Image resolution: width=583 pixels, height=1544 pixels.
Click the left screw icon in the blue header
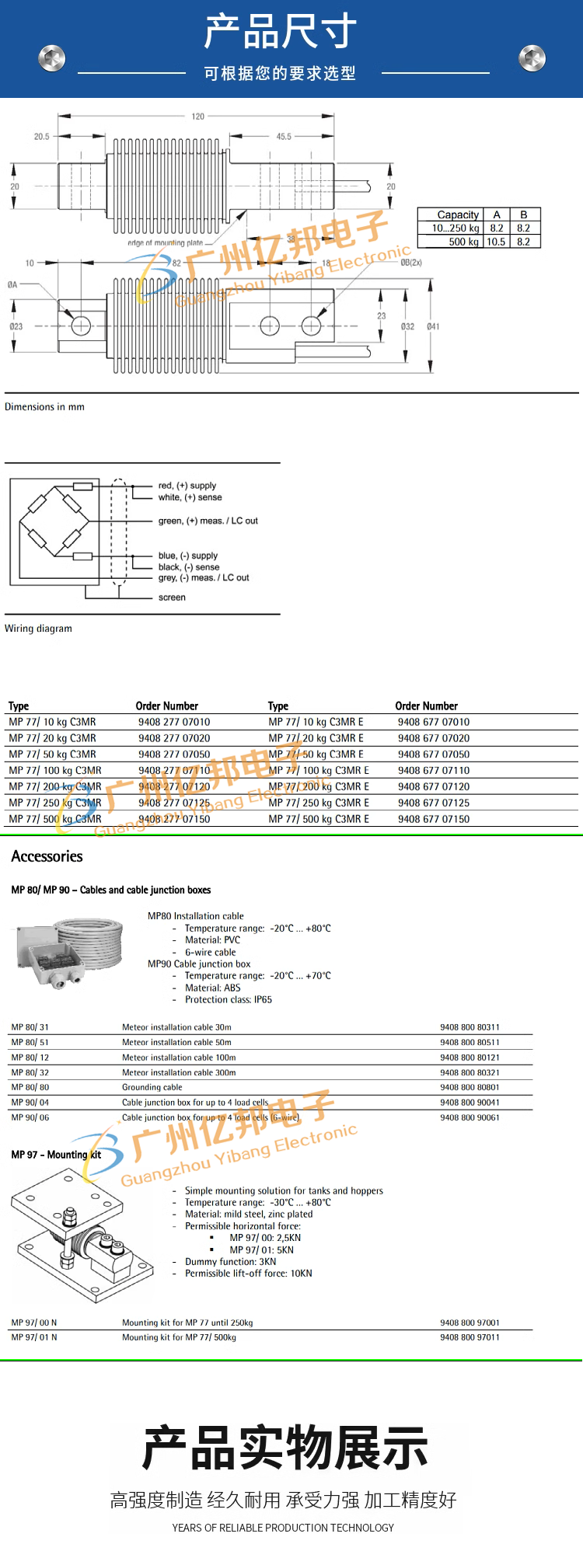[52, 58]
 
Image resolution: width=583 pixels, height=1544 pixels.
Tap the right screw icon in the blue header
[532, 58]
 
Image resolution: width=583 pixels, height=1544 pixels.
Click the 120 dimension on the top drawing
[198, 117]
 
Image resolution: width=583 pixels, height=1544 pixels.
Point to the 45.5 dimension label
[284, 137]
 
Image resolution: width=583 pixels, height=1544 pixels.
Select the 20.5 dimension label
[41, 137]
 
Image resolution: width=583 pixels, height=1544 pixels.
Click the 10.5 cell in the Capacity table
[496, 242]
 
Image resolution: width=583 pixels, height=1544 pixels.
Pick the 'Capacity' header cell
[458, 214]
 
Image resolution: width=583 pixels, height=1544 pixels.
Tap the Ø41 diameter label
[433, 326]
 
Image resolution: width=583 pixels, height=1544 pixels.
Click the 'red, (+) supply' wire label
[187, 486]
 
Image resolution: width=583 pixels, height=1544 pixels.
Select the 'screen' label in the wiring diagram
[172, 598]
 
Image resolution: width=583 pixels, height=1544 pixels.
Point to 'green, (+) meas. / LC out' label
[208, 521]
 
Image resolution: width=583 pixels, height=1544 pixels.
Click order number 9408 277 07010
[174, 722]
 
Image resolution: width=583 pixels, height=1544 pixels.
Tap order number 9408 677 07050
[434, 755]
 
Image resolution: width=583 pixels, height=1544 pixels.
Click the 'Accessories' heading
[47, 856]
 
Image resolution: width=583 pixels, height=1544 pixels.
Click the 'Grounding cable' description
[152, 1087]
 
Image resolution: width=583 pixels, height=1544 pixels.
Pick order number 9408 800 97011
[470, 1337]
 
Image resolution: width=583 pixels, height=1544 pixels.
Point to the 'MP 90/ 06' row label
[30, 1117]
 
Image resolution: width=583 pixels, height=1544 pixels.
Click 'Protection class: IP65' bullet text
[229, 1000]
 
